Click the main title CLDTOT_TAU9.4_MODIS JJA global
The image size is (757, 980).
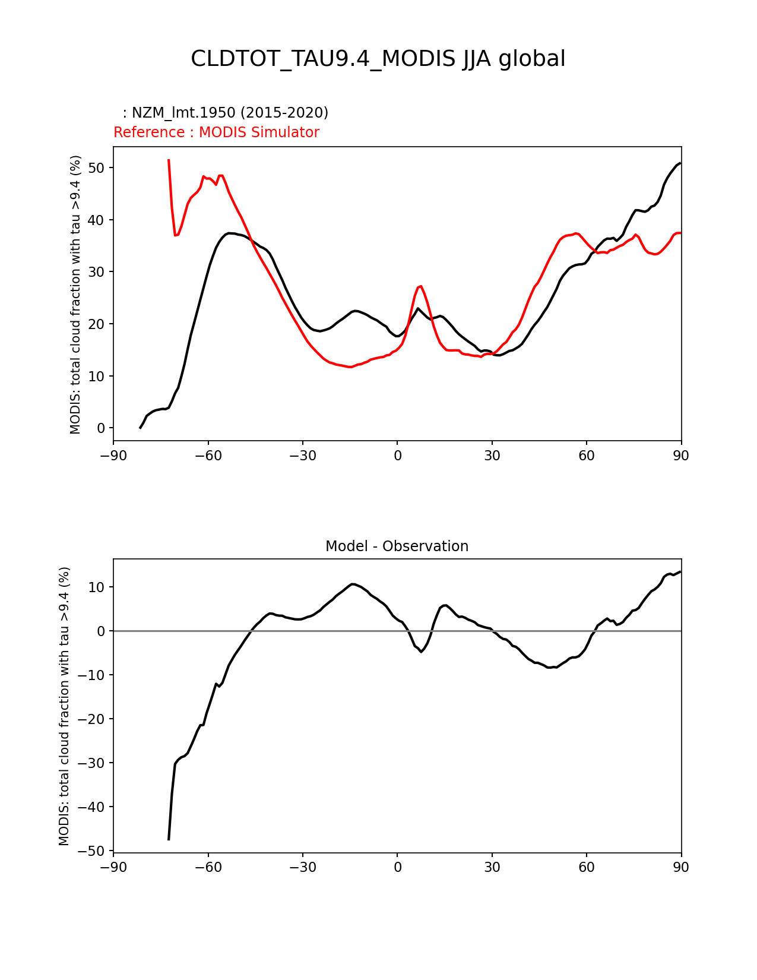click(378, 59)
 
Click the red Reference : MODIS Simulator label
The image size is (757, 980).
click(216, 132)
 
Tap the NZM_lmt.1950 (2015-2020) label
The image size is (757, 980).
click(226, 113)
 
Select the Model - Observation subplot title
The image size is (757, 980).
click(397, 546)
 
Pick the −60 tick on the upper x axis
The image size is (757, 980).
click(208, 456)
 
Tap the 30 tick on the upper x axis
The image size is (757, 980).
click(492, 456)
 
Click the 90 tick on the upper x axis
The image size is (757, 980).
click(681, 456)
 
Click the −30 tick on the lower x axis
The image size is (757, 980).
click(302, 867)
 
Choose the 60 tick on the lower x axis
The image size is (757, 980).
click(587, 867)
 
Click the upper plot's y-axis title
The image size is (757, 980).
click(75, 294)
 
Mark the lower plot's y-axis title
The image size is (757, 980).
click(64, 706)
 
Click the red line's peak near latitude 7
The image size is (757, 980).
click(420, 286)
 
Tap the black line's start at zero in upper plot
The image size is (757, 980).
click(140, 428)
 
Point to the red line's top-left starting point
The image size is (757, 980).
click(169, 160)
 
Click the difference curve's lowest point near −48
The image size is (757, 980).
click(169, 839)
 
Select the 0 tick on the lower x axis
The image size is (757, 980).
click(397, 867)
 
